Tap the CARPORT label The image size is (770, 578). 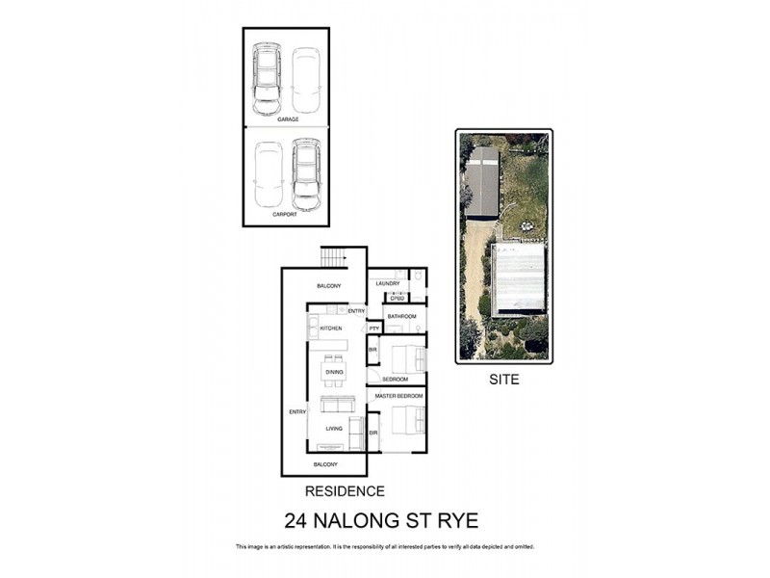click(x=285, y=214)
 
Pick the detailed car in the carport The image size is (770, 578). click(x=306, y=174)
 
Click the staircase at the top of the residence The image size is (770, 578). click(x=333, y=257)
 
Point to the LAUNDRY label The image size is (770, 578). click(x=387, y=283)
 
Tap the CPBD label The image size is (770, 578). click(x=396, y=298)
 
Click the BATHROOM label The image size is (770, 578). click(x=401, y=316)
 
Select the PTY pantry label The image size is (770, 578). click(x=373, y=329)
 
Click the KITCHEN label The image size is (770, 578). click(x=331, y=329)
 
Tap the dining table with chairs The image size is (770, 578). click(x=334, y=370)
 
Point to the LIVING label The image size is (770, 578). click(x=334, y=429)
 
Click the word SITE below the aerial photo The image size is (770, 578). click(x=502, y=380)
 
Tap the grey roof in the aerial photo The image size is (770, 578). click(x=482, y=182)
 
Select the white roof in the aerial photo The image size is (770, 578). click(x=518, y=278)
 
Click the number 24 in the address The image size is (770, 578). click(x=298, y=521)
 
